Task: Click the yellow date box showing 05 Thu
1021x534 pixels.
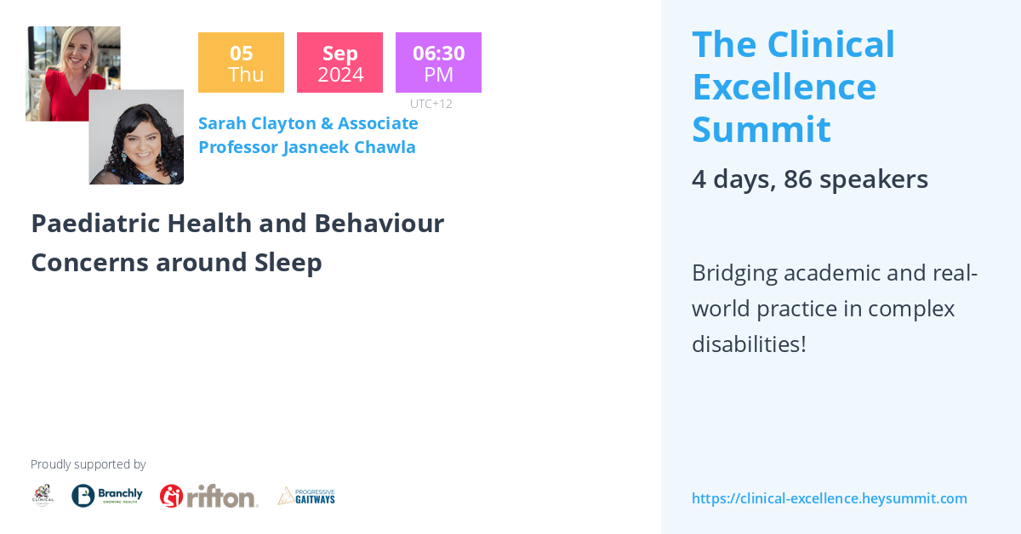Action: click(x=241, y=63)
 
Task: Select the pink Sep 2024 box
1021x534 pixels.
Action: click(x=339, y=63)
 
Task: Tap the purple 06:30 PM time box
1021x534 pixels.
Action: click(x=438, y=63)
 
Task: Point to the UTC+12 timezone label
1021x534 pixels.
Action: click(x=431, y=104)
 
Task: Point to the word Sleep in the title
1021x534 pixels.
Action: click(x=288, y=263)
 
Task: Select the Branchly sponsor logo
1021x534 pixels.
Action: click(x=106, y=496)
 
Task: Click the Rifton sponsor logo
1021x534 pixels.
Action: click(x=208, y=496)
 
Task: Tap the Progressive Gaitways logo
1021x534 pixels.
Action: click(x=306, y=496)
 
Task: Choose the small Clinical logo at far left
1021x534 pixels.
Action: click(x=43, y=495)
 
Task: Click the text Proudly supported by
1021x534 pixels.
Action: click(x=88, y=464)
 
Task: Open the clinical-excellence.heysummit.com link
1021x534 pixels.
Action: click(x=829, y=498)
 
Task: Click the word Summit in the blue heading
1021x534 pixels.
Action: click(x=761, y=129)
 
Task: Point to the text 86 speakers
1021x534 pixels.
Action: click(x=855, y=179)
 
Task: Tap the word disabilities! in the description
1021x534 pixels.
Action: click(x=748, y=344)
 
